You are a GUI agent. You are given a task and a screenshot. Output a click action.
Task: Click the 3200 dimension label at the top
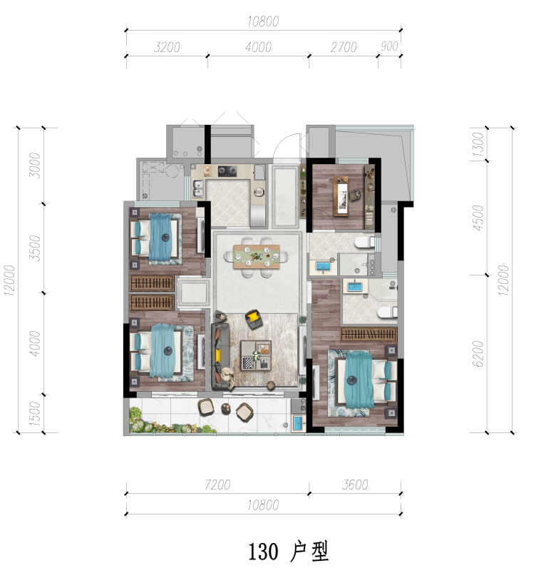pyautogui.click(x=167, y=47)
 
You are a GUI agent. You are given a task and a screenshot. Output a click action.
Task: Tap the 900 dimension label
pyautogui.click(x=389, y=46)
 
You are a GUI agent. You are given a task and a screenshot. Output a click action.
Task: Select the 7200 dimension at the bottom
pyautogui.click(x=217, y=485)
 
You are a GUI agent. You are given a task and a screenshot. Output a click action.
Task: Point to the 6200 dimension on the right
pyautogui.click(x=478, y=354)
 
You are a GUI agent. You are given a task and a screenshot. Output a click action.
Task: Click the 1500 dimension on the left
pyautogui.click(x=34, y=414)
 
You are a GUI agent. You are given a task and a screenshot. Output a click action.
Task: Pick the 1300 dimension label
pyautogui.click(x=478, y=144)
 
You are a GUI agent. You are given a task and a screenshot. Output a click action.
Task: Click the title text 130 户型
pyautogui.click(x=288, y=552)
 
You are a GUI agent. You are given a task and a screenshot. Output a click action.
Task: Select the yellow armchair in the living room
pyautogui.click(x=253, y=318)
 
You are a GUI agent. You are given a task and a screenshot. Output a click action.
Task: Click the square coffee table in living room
pyautogui.click(x=256, y=355)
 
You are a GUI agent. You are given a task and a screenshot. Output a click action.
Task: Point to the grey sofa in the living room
pyautogui.click(x=221, y=355)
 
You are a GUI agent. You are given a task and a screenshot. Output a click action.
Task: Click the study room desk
pyautogui.click(x=341, y=196)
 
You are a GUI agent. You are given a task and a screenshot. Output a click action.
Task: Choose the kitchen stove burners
pyautogui.click(x=227, y=171)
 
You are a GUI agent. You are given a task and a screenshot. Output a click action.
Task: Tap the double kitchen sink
pyautogui.click(x=197, y=188)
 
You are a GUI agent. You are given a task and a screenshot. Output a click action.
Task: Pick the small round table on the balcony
pyautogui.click(x=226, y=408)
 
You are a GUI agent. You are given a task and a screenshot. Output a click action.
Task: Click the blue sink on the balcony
pyautogui.click(x=299, y=423)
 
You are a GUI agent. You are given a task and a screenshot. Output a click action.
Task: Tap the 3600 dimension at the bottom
pyautogui.click(x=355, y=485)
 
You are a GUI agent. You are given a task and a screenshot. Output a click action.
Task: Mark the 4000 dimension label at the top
pyautogui.click(x=259, y=47)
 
